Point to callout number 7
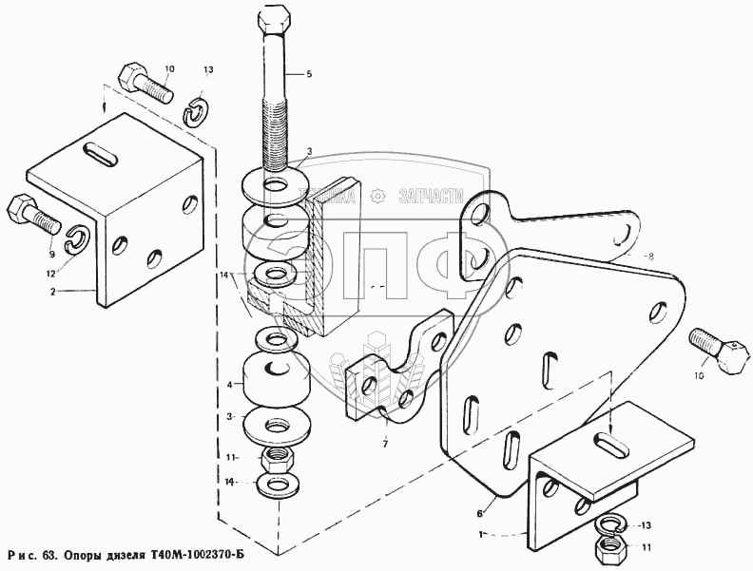385,444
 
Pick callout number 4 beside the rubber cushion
229,385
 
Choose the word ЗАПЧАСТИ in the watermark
438,196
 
